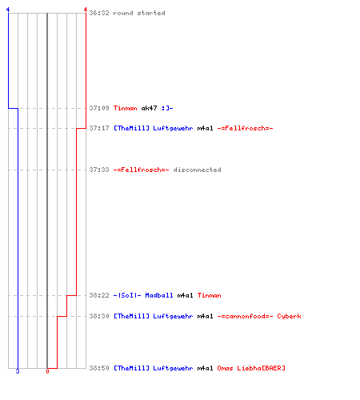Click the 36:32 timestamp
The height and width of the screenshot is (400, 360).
coord(99,13)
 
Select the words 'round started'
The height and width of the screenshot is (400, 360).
coord(139,13)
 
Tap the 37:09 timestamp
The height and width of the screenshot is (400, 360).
coord(99,108)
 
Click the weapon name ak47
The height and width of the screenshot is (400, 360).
coord(149,108)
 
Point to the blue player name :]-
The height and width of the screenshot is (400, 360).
coord(167,108)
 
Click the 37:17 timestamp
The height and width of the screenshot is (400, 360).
coord(99,128)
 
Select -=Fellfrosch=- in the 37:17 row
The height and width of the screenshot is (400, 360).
coord(245,128)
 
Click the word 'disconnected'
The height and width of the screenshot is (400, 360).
coord(197,170)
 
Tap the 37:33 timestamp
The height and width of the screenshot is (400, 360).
coord(99,170)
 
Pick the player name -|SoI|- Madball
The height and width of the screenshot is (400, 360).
coord(143,295)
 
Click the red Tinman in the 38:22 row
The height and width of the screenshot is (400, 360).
coord(210,295)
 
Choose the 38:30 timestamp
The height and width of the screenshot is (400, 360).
coord(99,316)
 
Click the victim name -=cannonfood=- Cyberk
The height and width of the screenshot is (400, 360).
coord(259,316)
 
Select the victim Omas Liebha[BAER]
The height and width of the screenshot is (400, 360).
coord(251,368)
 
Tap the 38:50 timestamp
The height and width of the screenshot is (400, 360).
coord(99,368)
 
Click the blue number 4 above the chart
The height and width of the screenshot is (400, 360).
coord(8,10)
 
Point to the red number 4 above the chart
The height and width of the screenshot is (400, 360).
coord(86,10)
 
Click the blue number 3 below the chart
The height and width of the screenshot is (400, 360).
coord(18,371)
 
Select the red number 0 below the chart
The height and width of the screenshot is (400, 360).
coord(47,371)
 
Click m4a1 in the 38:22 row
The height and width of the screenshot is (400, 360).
coord(185,295)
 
